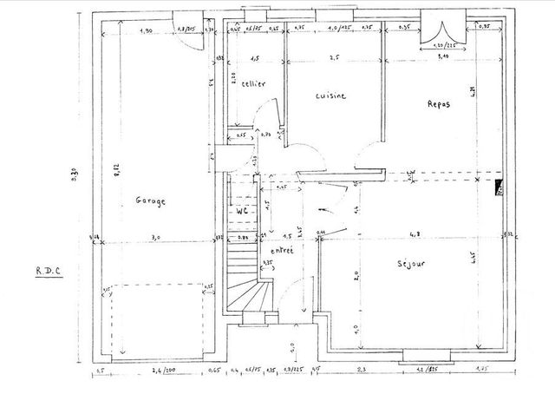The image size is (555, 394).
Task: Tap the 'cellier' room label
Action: (x=253, y=83)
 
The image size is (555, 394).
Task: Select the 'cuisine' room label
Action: (x=330, y=95)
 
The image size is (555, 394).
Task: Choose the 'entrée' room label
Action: (x=282, y=249)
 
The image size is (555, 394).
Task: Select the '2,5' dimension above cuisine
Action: (x=332, y=58)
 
